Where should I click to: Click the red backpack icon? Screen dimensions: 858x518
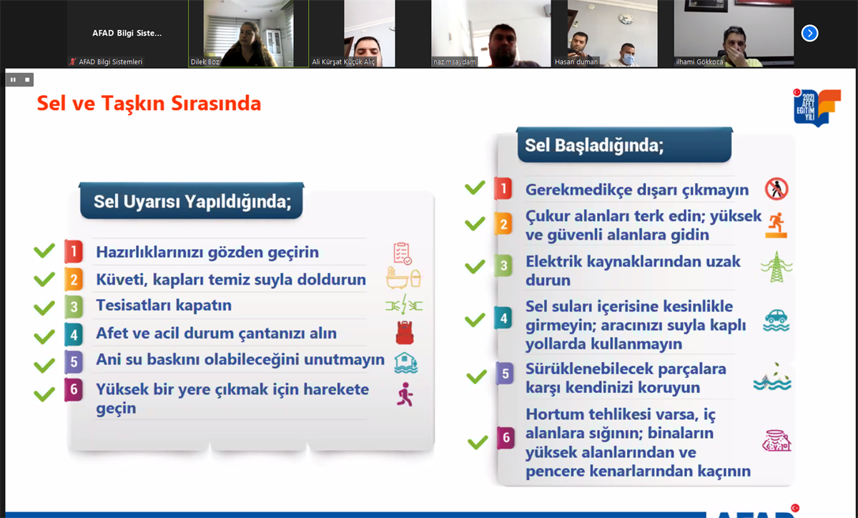click(x=405, y=333)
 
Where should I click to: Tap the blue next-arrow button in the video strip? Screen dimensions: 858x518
click(x=809, y=33)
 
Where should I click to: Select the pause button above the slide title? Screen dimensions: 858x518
click(x=14, y=79)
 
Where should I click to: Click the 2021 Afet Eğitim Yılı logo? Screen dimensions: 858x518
click(x=817, y=107)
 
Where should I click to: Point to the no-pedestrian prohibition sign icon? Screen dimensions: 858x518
click(x=776, y=189)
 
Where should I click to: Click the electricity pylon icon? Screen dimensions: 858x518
click(x=776, y=266)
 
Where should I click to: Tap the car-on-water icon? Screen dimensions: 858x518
click(x=776, y=320)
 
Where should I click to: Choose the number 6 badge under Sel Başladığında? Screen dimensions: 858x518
click(x=506, y=437)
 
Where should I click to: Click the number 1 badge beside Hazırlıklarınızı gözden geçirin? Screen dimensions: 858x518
click(x=74, y=252)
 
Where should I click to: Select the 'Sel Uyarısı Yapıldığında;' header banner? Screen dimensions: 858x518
click(x=192, y=200)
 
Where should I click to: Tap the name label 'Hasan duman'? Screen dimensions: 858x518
click(x=576, y=62)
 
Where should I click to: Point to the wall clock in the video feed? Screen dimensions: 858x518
click(x=626, y=18)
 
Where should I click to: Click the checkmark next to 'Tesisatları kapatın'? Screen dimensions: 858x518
click(x=44, y=308)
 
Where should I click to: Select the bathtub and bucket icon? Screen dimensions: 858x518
click(x=403, y=278)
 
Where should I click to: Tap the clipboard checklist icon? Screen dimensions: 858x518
click(x=402, y=253)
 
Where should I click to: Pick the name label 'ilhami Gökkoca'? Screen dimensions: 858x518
click(x=699, y=62)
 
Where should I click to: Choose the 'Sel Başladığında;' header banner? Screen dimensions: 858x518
click(x=624, y=145)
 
